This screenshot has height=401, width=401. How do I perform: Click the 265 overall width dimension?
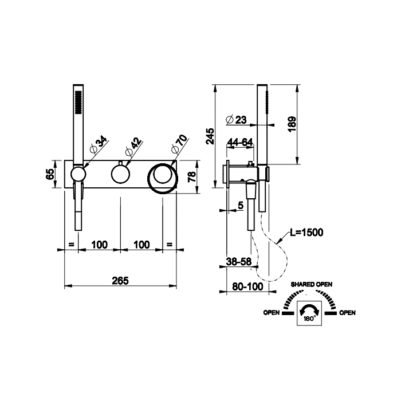click(120, 281)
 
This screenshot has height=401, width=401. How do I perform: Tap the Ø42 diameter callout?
click(133, 147)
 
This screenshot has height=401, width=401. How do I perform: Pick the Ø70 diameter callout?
click(179, 144)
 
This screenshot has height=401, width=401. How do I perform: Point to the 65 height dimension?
click(50, 174)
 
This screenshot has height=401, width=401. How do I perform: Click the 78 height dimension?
click(192, 176)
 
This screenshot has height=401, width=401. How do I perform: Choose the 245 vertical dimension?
click(210, 136)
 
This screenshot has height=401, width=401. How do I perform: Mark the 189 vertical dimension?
click(292, 124)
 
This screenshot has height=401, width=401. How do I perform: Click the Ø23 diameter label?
click(236, 119)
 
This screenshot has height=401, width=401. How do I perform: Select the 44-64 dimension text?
click(240, 142)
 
